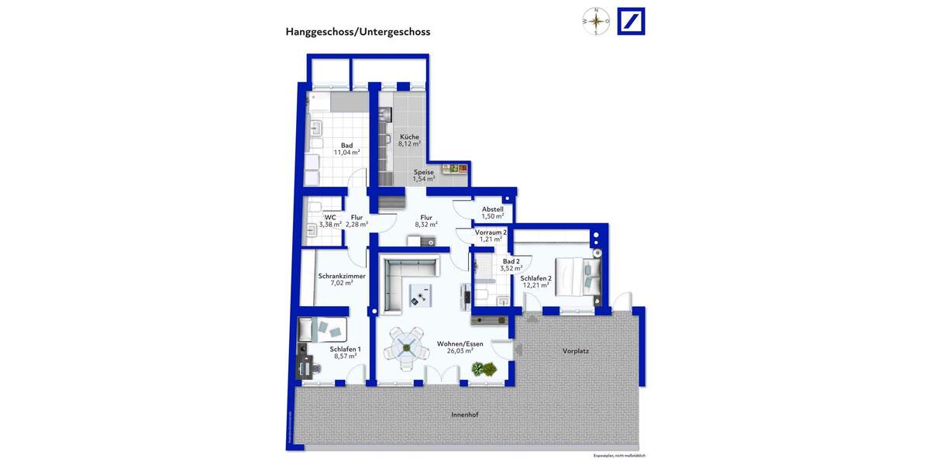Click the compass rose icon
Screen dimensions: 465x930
(596, 22)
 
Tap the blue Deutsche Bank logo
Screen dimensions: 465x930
(631, 22)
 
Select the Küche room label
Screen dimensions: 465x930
(409, 140)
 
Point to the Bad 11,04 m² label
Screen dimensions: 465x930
(346, 149)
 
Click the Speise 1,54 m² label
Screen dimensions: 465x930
(424, 176)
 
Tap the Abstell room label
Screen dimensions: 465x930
(493, 212)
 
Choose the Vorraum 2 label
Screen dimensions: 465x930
(491, 236)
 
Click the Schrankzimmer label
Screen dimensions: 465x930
(341, 279)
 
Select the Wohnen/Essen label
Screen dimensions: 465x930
(460, 346)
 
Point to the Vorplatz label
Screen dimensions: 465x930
(576, 351)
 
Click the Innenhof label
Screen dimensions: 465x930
(464, 415)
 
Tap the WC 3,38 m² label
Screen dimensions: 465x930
(331, 221)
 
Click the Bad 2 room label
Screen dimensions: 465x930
(511, 265)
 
